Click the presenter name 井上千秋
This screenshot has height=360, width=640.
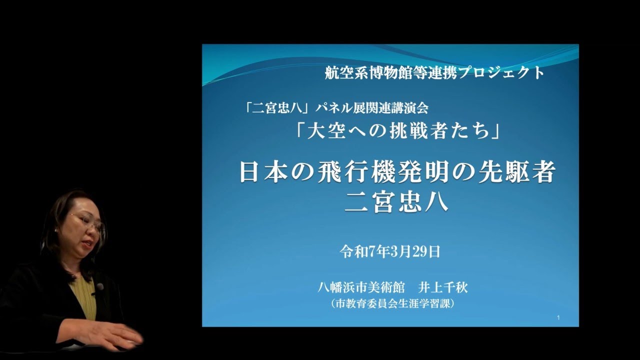(x=443, y=288)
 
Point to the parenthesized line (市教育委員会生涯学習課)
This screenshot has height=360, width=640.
(x=392, y=303)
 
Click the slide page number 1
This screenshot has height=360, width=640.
(x=557, y=318)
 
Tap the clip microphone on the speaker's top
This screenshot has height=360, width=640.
(x=100, y=286)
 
